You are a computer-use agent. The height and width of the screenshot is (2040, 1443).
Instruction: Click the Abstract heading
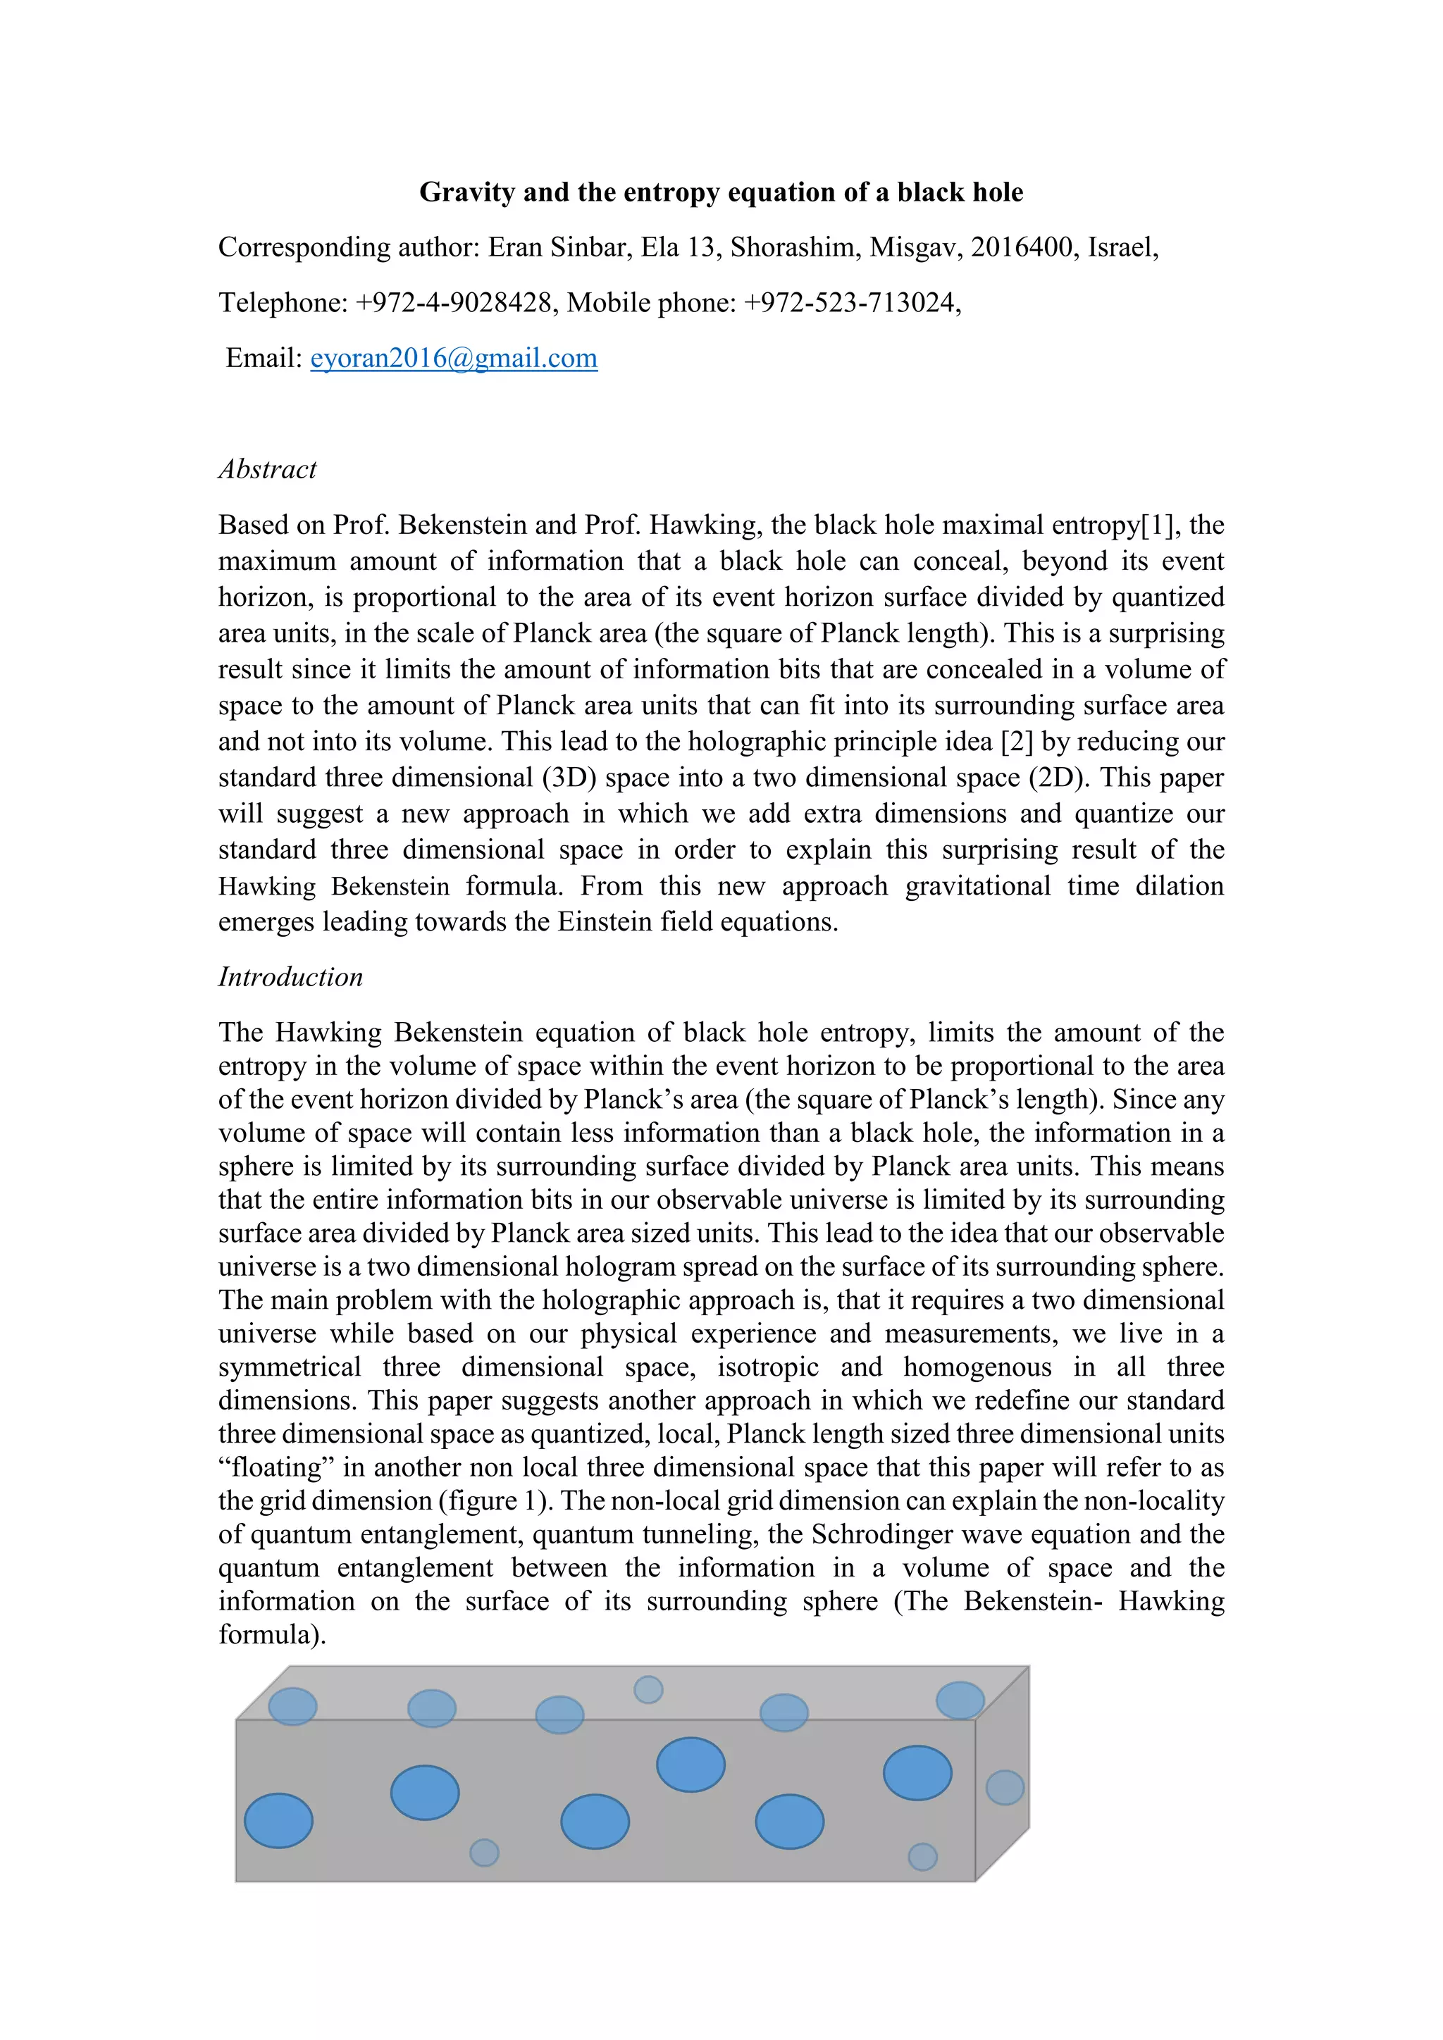click(x=268, y=469)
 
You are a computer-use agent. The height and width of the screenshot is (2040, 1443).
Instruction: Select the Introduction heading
click(x=290, y=976)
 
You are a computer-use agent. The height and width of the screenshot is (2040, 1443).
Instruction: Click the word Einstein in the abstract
click(x=605, y=922)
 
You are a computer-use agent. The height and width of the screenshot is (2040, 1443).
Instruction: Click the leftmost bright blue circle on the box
click(x=278, y=1820)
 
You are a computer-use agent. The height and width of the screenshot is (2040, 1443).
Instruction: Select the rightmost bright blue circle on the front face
click(x=917, y=1772)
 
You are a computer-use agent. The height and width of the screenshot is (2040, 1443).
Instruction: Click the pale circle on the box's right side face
click(x=1005, y=1787)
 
